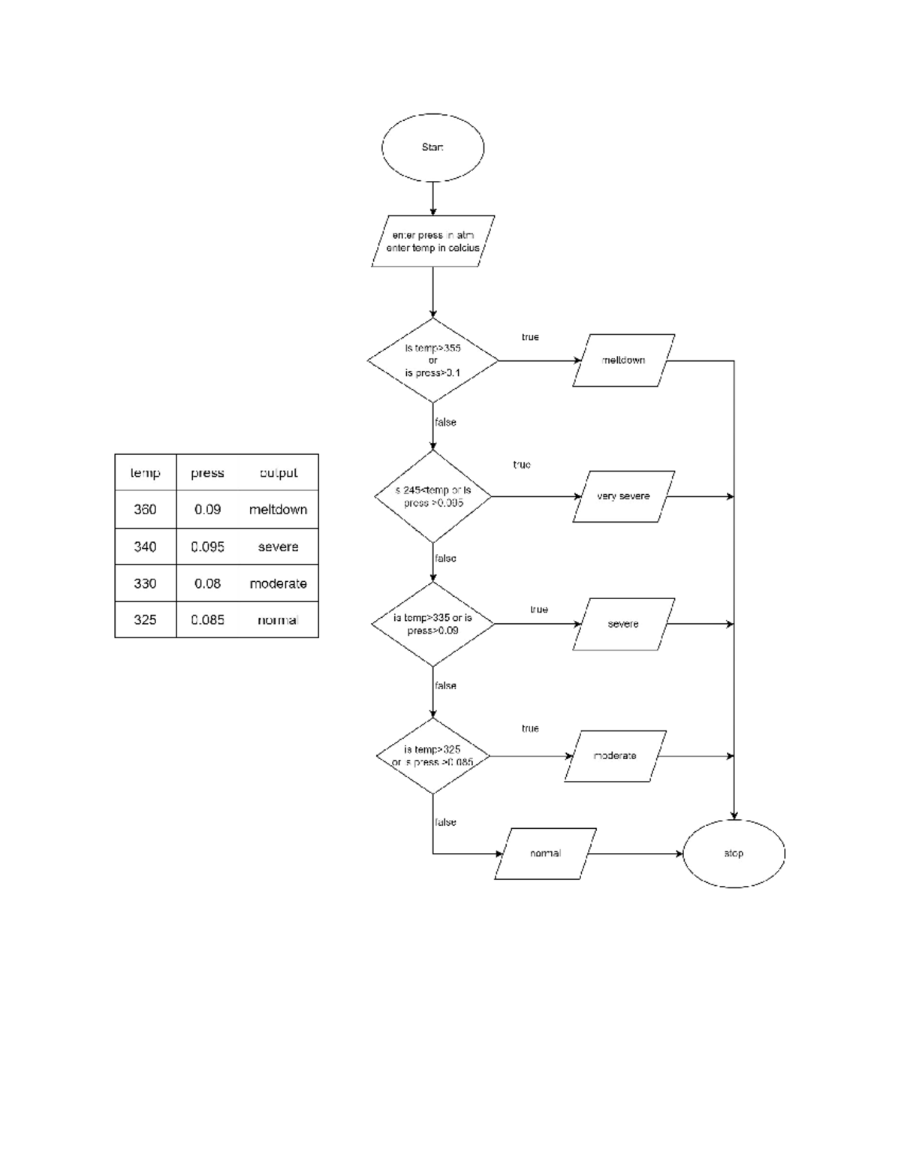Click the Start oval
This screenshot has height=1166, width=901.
[432, 148]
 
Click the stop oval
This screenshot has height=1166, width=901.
[734, 854]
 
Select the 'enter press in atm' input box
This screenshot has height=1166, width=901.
[432, 242]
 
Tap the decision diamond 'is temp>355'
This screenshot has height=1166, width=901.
[432, 360]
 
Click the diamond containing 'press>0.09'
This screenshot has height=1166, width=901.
[432, 624]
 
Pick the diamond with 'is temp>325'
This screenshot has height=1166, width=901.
[432, 756]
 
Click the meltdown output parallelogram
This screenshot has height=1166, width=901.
[623, 360]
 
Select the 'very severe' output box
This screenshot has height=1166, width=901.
[623, 496]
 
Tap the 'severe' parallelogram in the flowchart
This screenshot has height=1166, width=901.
[623, 624]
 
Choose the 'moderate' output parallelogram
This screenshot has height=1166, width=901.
[615, 756]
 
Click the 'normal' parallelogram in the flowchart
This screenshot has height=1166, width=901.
[545, 854]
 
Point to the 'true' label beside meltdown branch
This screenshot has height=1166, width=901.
[530, 337]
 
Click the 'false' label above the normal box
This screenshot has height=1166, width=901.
[445, 822]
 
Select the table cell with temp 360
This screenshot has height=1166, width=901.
[145, 510]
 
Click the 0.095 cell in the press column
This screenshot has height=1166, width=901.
[207, 547]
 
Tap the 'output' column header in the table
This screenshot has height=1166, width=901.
[279, 473]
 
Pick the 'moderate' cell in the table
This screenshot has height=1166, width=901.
[279, 583]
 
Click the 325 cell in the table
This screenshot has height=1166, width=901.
[145, 619]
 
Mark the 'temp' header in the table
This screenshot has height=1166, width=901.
[145, 473]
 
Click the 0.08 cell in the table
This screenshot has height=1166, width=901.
[207, 583]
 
